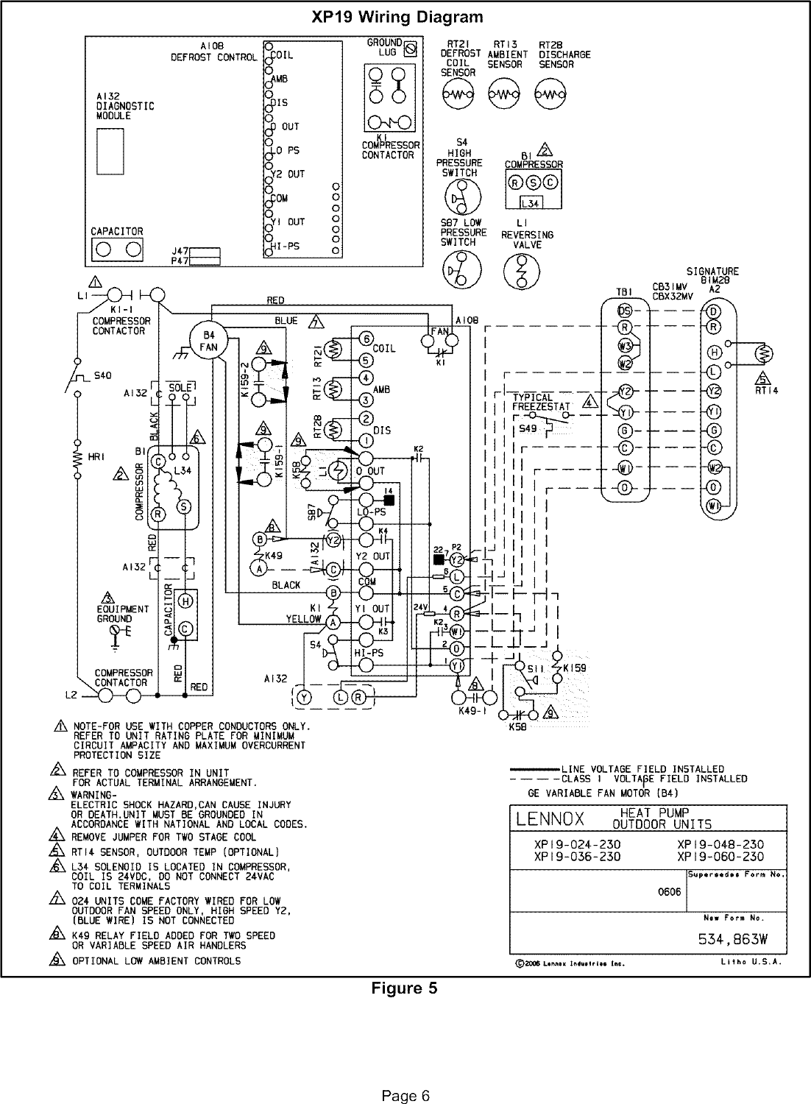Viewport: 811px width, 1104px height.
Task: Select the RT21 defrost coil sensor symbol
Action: click(459, 94)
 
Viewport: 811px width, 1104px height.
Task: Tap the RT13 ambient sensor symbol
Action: click(504, 94)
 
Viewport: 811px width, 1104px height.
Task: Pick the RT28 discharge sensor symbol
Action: click(549, 94)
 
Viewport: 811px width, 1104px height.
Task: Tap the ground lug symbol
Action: click(411, 49)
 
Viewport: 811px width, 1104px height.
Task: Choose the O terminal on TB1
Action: click(624, 487)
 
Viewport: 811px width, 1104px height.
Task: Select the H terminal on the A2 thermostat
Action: click(713, 351)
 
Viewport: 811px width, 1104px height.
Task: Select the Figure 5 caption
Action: click(404, 988)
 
